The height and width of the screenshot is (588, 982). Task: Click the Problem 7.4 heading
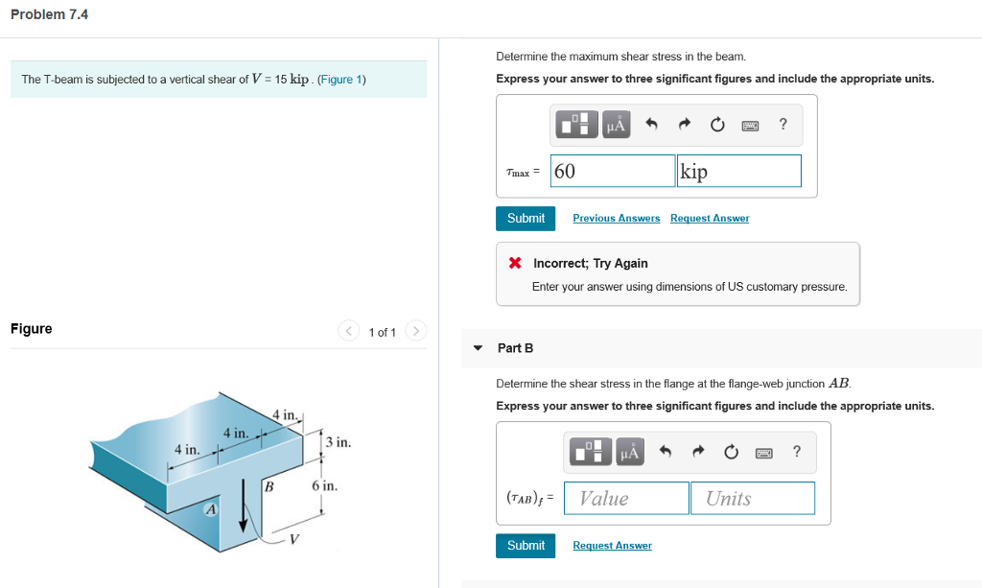[49, 14]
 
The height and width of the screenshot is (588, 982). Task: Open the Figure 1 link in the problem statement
[341, 80]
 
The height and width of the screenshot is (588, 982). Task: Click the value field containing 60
[613, 171]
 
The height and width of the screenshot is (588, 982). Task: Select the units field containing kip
[738, 171]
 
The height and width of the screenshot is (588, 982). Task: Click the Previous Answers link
[616, 219]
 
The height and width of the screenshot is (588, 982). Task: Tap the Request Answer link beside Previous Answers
[709, 219]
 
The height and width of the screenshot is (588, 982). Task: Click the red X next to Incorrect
[515, 263]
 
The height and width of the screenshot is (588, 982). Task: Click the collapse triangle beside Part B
[478, 348]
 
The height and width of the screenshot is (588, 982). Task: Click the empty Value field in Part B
[626, 498]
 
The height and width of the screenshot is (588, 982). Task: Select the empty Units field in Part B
[752, 498]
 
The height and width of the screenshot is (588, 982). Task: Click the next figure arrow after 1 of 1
[415, 331]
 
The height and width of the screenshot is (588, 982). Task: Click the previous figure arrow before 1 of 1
[349, 331]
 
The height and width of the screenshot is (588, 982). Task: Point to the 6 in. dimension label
[324, 486]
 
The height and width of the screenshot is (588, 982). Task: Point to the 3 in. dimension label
[339, 442]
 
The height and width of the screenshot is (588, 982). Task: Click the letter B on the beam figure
[269, 487]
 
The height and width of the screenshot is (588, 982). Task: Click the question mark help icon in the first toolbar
[783, 124]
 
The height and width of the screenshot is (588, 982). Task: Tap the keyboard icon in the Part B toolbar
[763, 451]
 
